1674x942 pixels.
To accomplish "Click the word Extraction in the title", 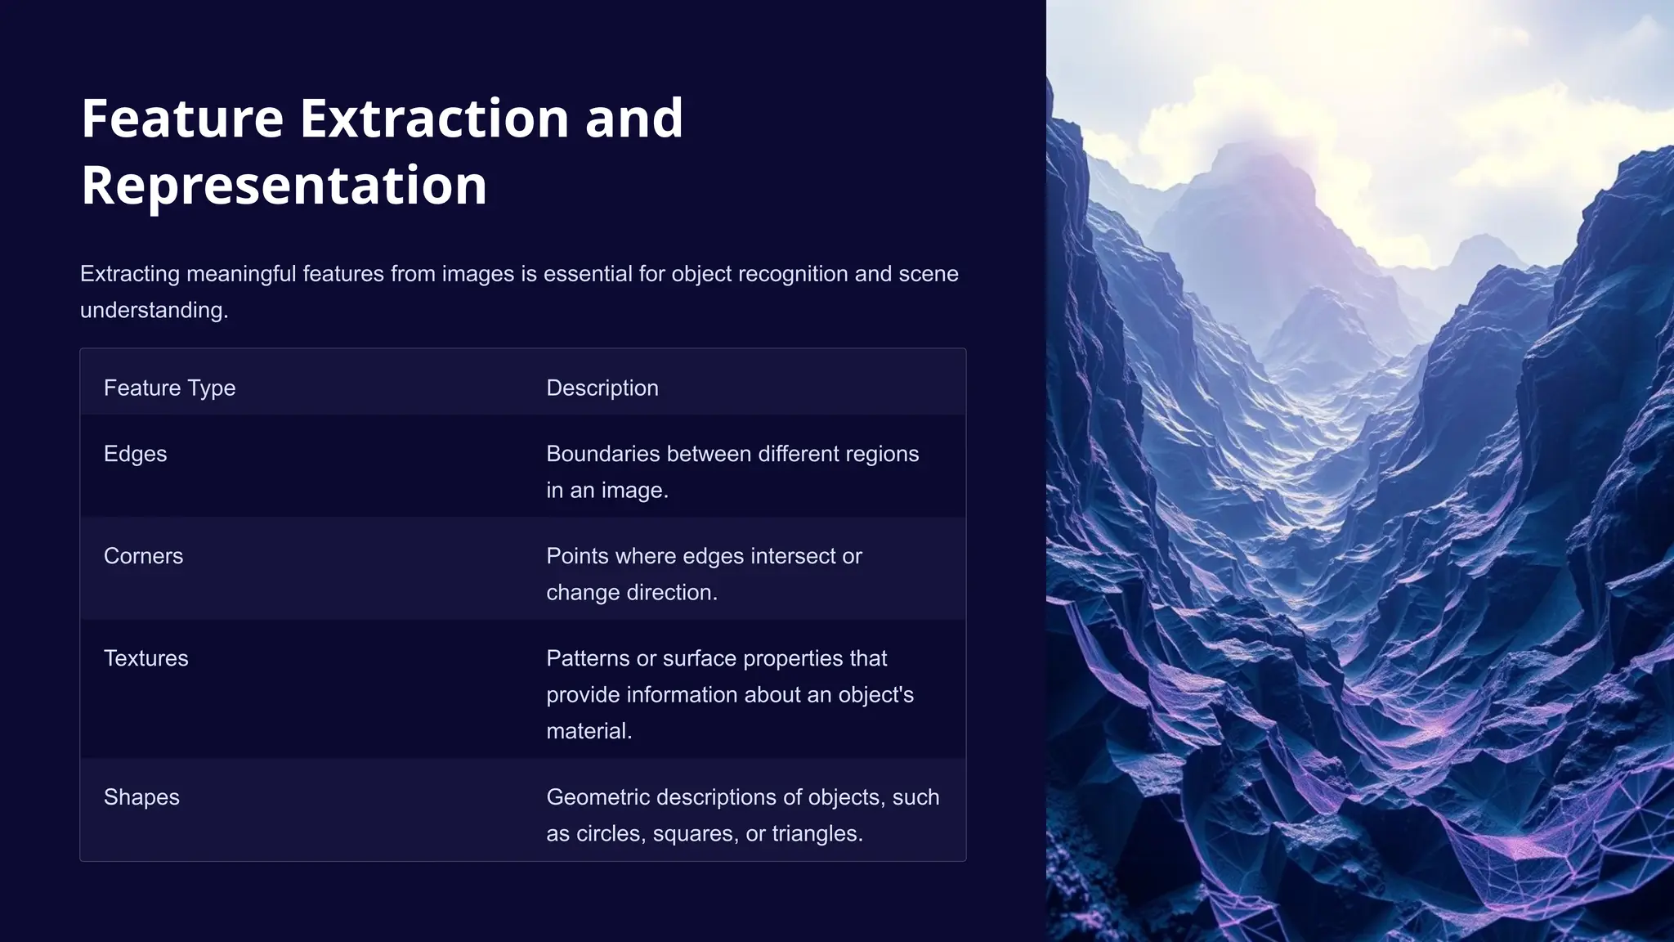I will click(435, 119).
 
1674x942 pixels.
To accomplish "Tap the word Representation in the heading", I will click(284, 186).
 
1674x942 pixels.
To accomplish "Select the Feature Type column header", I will click(169, 388).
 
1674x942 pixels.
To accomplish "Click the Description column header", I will click(602, 388).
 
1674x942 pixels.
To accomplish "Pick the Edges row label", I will click(135, 454).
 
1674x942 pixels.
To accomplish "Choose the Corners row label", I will click(143, 556).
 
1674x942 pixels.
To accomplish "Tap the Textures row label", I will click(145, 658).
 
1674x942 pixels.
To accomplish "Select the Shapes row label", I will click(141, 797).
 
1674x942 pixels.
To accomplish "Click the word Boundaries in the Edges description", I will click(603, 454).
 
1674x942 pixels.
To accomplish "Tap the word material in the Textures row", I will click(588, 731).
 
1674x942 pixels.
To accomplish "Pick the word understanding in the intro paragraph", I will click(152, 311).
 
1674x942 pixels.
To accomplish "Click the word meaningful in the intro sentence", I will click(241, 274).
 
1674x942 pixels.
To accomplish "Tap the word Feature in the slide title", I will click(182, 119).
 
